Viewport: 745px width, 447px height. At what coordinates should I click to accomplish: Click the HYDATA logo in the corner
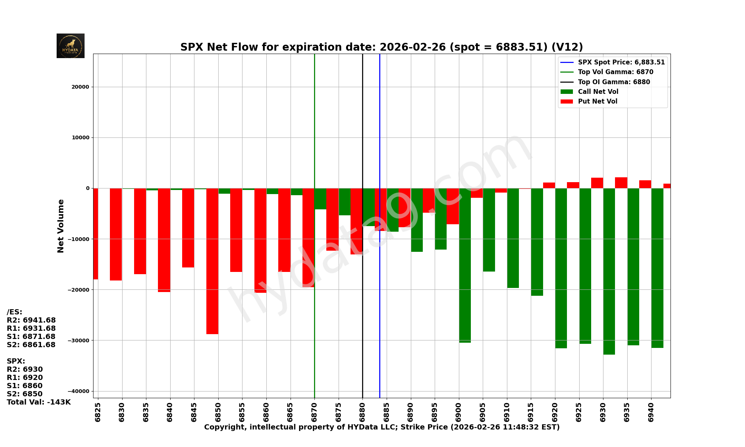point(70,46)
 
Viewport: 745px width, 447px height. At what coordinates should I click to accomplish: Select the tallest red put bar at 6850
point(212,261)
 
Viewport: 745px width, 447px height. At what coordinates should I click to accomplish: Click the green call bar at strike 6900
point(465,265)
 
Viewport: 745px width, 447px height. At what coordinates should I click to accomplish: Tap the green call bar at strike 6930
point(609,271)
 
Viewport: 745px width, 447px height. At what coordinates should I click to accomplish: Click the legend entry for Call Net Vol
point(597,92)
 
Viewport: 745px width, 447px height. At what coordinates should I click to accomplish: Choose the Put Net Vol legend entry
point(597,101)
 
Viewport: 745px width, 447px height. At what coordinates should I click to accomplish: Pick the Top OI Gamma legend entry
point(614,82)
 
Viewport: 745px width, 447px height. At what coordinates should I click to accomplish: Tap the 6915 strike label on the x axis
point(531,412)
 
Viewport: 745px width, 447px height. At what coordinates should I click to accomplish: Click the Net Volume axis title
point(61,226)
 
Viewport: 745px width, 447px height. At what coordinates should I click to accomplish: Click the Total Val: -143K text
point(39,402)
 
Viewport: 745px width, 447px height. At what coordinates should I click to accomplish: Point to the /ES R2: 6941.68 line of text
point(31,320)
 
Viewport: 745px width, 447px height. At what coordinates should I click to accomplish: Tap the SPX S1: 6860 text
point(25,386)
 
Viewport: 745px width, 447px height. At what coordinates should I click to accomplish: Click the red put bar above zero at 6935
point(621,183)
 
